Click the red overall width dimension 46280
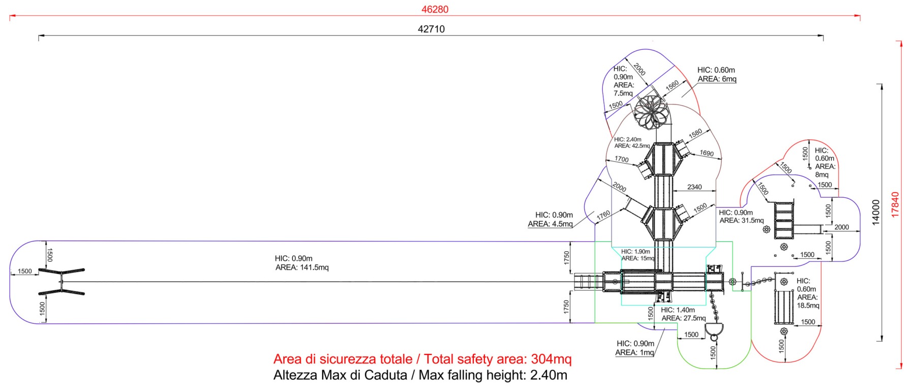pos(435,9)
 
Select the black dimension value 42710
pos(431,29)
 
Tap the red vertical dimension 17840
pos(895,204)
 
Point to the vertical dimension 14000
pos(876,213)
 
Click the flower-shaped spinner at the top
pos(651,112)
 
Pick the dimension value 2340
pos(694,187)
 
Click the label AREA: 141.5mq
pos(302,267)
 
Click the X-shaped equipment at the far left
pos(62,281)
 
